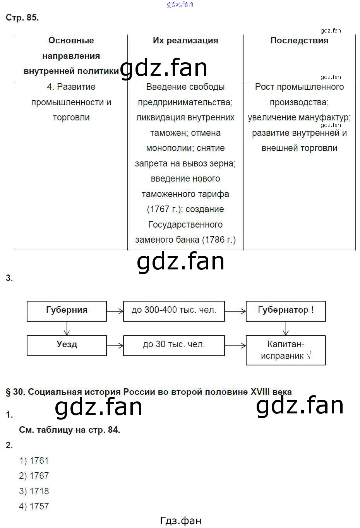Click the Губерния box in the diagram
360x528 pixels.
coord(67,311)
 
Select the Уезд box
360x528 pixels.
coord(67,345)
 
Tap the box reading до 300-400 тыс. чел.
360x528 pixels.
coord(174,311)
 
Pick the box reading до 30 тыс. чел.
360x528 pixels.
coord(174,345)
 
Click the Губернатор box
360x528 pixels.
coord(286,311)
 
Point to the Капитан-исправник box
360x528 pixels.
coord(286,350)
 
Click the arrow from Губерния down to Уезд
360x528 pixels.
coord(67,329)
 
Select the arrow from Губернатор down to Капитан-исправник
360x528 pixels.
coord(286,329)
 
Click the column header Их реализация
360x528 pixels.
coord(185,41)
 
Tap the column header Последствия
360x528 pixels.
coord(299,41)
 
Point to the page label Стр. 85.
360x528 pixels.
coord(22,18)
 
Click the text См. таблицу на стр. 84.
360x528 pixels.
coord(69,430)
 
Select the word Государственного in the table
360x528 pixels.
coord(185,225)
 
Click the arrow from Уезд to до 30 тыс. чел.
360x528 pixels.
coord(115,345)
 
